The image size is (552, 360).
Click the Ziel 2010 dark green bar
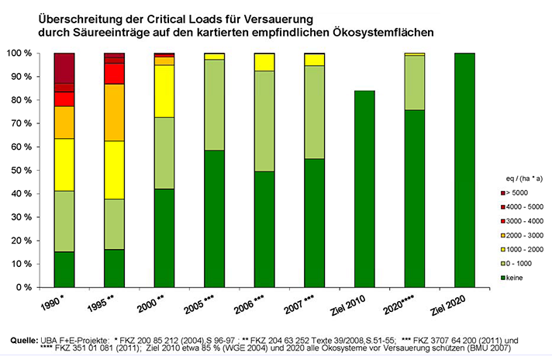click(365, 189)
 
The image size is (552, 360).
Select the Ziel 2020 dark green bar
click(464, 171)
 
